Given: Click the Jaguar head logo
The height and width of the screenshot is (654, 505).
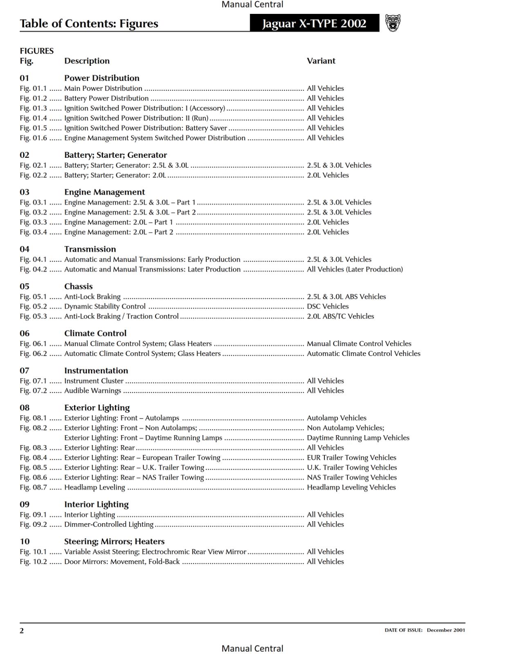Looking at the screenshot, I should (393, 23).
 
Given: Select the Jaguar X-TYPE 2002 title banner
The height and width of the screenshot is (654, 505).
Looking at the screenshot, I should (314, 23).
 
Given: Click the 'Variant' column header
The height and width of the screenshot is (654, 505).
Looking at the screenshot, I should (321, 61).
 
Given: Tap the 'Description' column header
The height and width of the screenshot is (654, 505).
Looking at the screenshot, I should (87, 61).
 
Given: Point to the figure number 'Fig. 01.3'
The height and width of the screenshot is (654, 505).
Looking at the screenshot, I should (33, 108).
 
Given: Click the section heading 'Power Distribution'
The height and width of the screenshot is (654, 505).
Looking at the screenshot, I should (102, 78).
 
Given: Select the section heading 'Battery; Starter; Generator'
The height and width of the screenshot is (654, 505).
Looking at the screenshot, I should (115, 155).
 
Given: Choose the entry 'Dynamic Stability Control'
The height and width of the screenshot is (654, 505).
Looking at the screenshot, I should (105, 307).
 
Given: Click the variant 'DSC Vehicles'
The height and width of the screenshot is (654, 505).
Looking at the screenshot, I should (328, 307).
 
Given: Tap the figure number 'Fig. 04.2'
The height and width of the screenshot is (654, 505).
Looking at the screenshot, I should (33, 269).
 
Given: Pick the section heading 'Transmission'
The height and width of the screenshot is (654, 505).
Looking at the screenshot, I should (90, 249).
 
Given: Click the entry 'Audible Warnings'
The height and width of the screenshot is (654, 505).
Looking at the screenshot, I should (92, 391).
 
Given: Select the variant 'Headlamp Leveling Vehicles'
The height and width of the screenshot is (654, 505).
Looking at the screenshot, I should (351, 487).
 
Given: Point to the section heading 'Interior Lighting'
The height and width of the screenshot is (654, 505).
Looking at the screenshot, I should (96, 504).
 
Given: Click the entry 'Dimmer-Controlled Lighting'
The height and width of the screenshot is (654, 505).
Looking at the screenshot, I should (109, 524).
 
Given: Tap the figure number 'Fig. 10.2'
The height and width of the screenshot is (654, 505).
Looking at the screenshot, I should (33, 562).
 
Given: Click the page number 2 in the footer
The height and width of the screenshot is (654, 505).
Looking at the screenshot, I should (22, 630).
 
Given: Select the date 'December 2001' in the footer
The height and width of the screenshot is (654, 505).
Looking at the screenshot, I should (446, 630).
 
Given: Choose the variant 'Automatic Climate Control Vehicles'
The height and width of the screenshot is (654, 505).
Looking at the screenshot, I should (363, 354).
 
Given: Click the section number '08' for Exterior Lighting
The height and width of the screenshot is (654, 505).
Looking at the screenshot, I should (25, 408).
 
